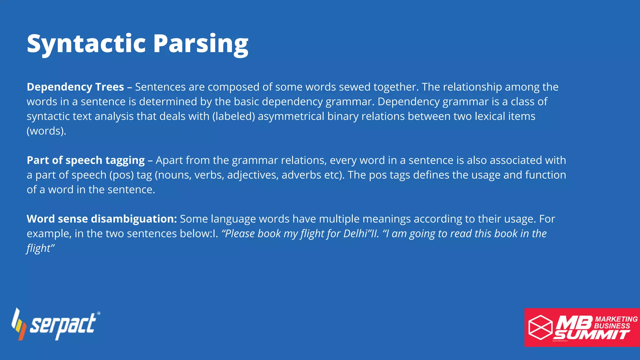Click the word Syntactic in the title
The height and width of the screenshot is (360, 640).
86,44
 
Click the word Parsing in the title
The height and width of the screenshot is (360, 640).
201,44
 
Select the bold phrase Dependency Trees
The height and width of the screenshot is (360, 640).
75,87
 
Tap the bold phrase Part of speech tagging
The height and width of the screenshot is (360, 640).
86,160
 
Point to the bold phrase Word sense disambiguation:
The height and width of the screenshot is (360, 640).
102,219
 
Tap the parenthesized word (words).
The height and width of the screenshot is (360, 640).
46,131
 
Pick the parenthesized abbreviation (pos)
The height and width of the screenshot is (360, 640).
121,175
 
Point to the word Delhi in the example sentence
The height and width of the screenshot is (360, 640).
355,233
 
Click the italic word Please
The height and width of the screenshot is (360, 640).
238,233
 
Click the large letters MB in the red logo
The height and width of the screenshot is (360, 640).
574,322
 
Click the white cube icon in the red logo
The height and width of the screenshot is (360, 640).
540,327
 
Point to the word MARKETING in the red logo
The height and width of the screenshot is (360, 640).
616,319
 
